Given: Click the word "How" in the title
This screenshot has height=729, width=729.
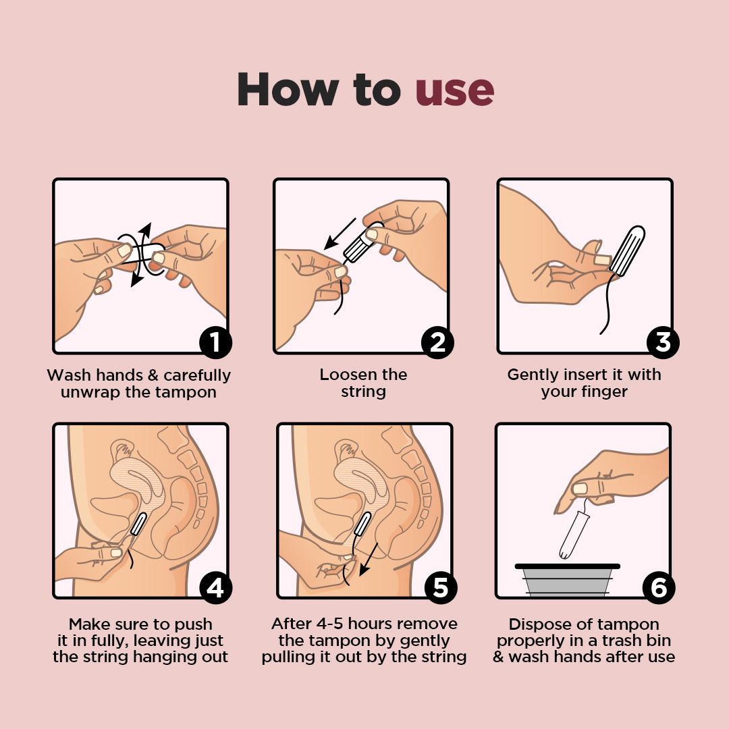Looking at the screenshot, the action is pos(288,89).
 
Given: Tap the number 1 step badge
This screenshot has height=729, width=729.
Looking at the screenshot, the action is pos(215,342).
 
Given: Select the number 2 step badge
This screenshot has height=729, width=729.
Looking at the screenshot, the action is pos(437,342).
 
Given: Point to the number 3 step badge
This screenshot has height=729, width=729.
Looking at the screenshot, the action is pos(663,342).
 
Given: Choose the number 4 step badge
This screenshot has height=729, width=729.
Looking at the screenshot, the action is pos(215,588).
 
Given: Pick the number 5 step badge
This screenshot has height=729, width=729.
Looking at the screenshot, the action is pos(441,588).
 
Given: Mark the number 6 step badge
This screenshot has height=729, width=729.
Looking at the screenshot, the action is pos(659,588).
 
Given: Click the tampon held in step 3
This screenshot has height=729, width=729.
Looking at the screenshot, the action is pos(628,250).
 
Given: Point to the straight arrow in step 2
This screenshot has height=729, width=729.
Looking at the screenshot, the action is pos(340,234).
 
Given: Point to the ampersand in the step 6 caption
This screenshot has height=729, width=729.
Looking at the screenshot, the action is pos(498,657).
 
